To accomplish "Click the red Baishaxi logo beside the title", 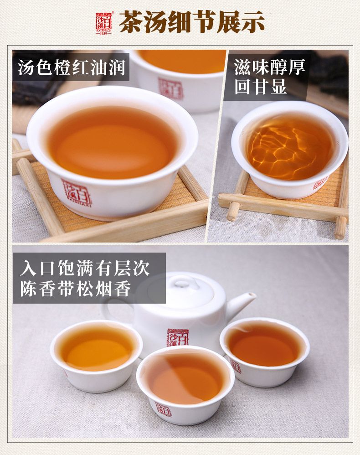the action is pyautogui.click(x=103, y=22).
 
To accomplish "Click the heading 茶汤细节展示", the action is pyautogui.click(x=192, y=22).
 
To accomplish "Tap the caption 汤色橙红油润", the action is pyautogui.click(x=72, y=67).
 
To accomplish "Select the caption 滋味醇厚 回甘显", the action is pyautogui.click(x=269, y=77).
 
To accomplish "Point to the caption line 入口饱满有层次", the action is pyautogui.click(x=85, y=268).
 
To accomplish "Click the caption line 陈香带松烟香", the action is pyautogui.click(x=76, y=288).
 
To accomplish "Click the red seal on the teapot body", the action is pyautogui.click(x=178, y=337).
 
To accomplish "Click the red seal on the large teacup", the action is pyautogui.click(x=77, y=193).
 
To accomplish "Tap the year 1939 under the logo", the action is pyautogui.click(x=103, y=33).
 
